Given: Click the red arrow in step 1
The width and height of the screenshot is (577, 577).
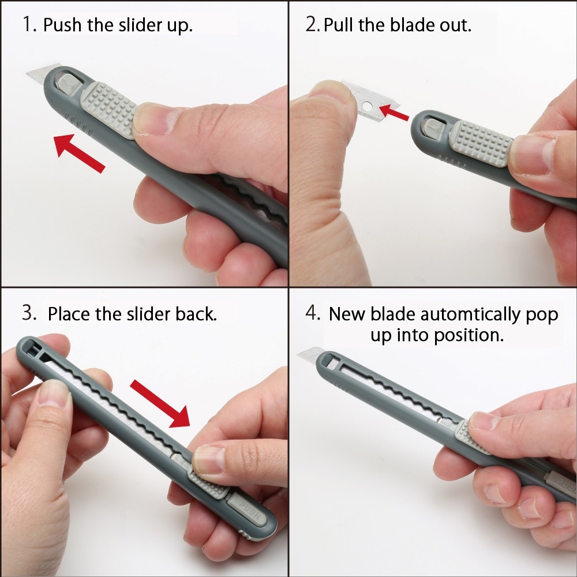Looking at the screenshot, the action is tap(79, 153).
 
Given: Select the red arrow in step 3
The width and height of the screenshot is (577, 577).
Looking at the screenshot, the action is tap(160, 404).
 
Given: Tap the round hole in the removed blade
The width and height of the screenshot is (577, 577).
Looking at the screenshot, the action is tap(367, 107).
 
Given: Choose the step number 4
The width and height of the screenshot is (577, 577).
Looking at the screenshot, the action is tap(312, 313).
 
